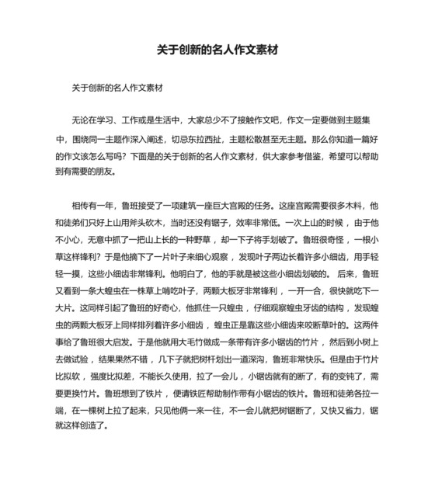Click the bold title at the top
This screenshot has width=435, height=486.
pyautogui.click(x=217, y=50)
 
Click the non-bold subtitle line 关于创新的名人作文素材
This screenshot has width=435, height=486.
pyautogui.click(x=116, y=89)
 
